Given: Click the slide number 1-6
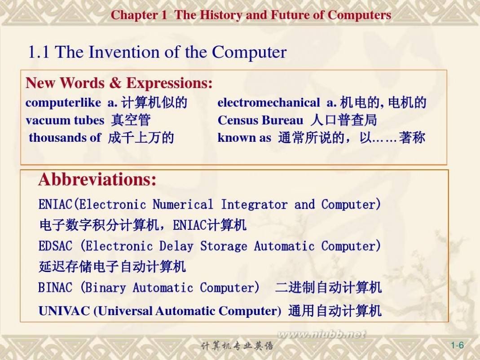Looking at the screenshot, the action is (457, 345).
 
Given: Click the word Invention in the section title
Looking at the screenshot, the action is (124, 52).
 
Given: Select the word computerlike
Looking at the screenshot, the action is (63, 103).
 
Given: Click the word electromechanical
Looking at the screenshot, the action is (269, 102).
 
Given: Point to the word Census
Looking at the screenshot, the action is (238, 120).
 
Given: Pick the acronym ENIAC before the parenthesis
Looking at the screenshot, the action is (55, 204).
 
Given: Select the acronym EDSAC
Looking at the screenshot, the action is (55, 246).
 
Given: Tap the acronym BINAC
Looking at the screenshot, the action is (55, 287).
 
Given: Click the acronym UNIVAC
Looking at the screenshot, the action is (64, 311).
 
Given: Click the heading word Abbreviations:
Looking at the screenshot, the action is (97, 180).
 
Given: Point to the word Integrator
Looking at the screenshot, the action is (254, 204).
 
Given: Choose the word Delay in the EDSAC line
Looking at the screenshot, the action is (176, 246).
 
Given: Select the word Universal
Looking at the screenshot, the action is (125, 311).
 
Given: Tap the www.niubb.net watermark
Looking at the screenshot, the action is (321, 334).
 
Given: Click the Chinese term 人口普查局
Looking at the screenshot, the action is (343, 120).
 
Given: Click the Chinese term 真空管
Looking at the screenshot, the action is (131, 120).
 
